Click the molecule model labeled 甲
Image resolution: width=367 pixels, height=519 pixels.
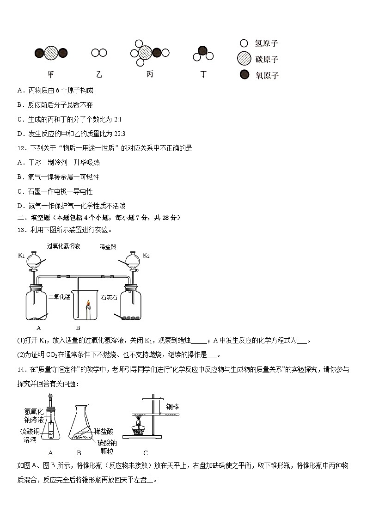[51, 53]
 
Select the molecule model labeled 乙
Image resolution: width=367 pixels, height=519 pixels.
[99, 53]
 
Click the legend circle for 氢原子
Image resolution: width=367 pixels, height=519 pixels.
[244, 43]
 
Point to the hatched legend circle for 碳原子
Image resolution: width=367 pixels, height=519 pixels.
[244, 59]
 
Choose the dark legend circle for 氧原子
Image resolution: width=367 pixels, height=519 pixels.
[244, 74]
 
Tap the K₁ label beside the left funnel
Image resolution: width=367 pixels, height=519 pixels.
[21, 255]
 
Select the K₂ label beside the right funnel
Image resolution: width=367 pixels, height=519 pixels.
[146, 255]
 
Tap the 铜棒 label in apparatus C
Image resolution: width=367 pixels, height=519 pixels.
[172, 407]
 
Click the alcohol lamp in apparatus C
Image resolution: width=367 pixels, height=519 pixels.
[138, 429]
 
